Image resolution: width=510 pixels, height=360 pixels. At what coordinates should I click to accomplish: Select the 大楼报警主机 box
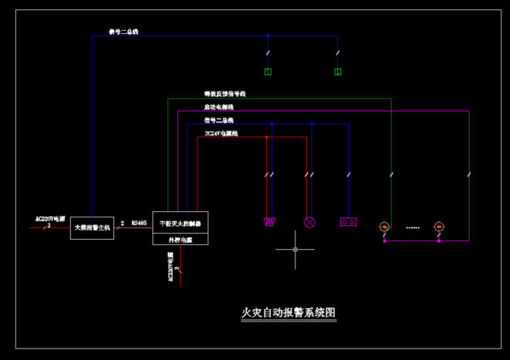pos(93,227)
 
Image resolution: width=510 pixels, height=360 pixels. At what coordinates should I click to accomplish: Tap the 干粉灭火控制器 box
pos(180,223)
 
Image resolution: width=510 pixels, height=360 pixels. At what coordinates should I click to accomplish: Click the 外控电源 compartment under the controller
pos(180,240)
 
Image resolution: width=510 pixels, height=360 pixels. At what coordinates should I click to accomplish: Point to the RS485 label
pos(139,222)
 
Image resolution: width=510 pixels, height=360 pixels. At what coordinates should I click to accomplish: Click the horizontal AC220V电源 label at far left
pos(51,219)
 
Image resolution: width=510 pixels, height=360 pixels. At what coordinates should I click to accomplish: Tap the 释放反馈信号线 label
pos(225,93)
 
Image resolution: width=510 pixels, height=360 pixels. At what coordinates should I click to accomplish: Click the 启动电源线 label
pos(219,106)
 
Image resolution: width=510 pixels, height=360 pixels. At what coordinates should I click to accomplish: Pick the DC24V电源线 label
pos(221,133)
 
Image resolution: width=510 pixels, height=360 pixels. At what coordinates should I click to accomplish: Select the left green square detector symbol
pos(268,72)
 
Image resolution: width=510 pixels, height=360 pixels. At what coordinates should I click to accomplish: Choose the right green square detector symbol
pos(338,72)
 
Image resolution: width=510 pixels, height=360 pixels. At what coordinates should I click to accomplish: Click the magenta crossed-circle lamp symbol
pos(311,222)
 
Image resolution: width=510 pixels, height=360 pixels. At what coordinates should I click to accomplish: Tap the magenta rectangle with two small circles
pos(348,222)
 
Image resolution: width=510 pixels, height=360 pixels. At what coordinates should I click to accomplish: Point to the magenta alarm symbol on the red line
pos(270,222)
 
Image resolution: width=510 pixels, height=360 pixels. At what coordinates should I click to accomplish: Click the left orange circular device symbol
pos(384,227)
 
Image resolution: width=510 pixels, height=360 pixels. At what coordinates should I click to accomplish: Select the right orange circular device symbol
pos(439,227)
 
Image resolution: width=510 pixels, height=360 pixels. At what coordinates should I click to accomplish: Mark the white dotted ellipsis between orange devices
pos(412,227)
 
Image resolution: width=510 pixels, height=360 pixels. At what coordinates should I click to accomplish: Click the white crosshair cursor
pos(297,250)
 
